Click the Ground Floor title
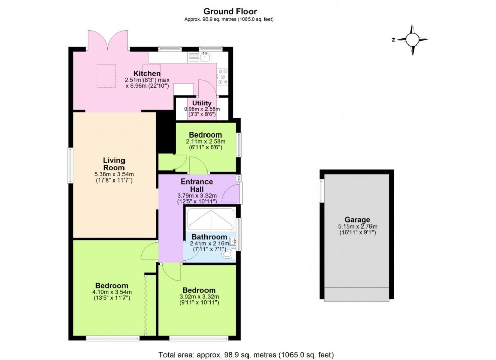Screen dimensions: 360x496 (230, 11)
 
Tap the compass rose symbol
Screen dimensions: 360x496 (412, 39)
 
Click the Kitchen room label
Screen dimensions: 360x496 (147, 74)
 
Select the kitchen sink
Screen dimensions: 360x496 (205, 57)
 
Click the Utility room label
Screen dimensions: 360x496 (201, 103)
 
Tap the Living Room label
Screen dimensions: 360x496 (113, 164)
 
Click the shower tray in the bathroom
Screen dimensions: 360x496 (211, 219)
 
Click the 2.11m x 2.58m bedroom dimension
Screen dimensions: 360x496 (205, 142)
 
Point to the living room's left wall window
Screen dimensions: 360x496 (71, 164)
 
